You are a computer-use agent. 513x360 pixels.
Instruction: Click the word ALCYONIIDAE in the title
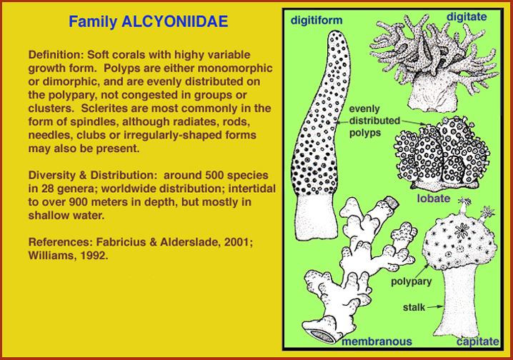174,21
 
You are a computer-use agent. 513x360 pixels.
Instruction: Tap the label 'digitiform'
317,21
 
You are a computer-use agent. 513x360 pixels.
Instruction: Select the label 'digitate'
467,17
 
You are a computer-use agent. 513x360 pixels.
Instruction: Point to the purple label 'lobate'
434,198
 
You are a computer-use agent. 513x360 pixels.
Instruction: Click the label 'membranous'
377,341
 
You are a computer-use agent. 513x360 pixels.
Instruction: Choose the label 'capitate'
478,342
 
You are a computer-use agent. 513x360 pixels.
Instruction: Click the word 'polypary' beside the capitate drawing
412,282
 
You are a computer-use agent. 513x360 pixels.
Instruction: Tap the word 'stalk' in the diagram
414,307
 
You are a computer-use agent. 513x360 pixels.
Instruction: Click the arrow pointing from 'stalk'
435,306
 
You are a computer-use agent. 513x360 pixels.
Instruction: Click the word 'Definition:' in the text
56,54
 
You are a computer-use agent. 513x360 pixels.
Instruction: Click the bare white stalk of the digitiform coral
316,217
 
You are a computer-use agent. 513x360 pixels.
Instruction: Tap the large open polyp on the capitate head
462,230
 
